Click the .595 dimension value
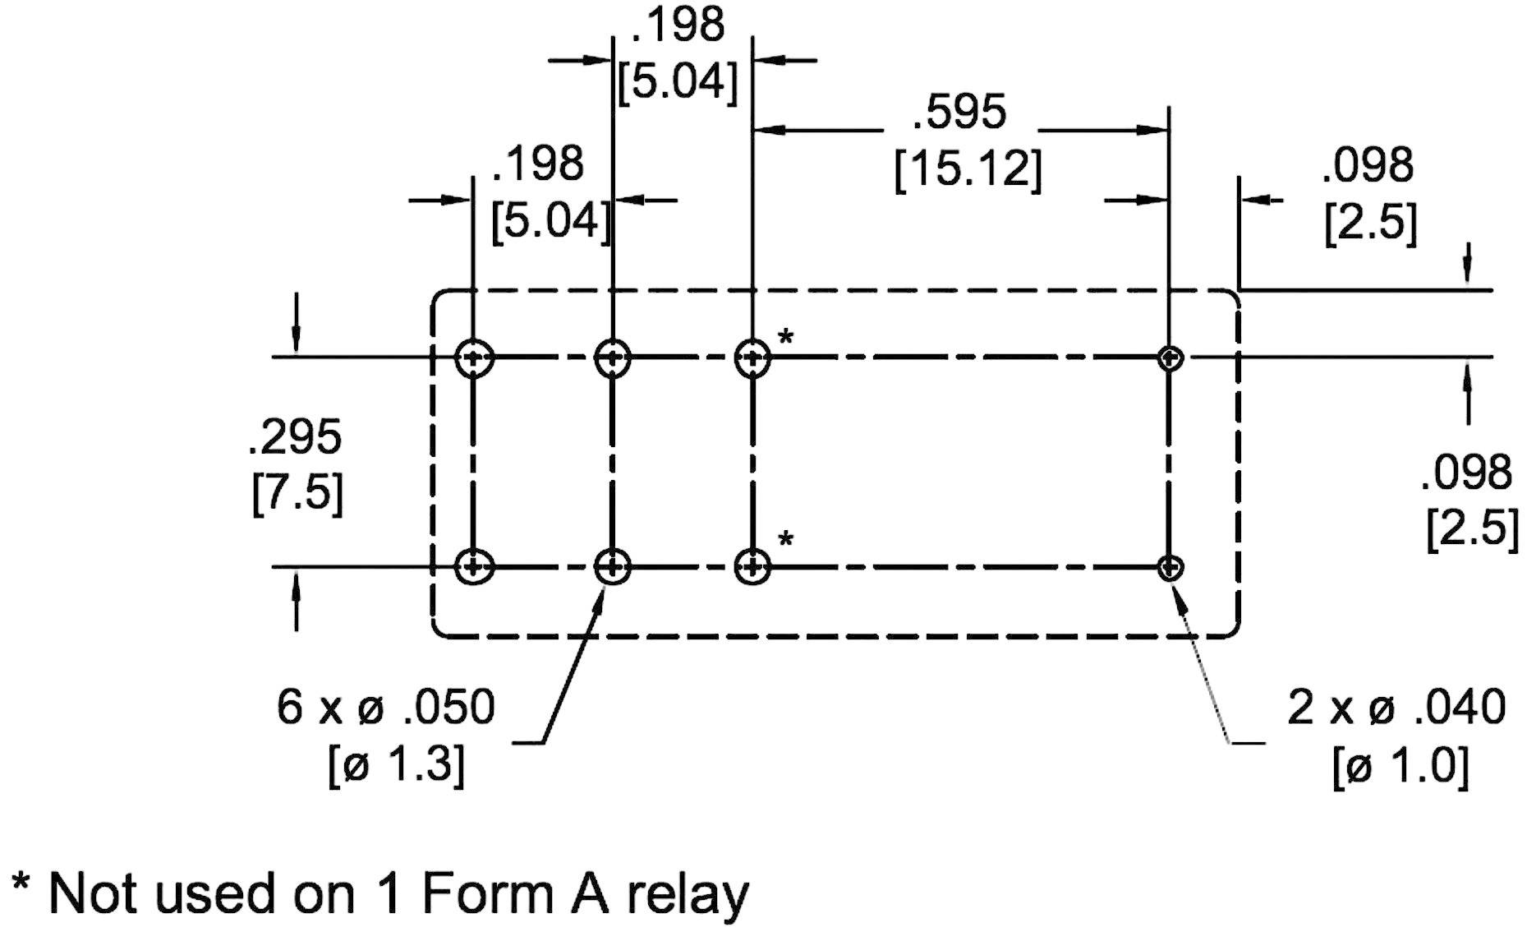click(x=959, y=113)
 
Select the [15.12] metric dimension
click(x=968, y=170)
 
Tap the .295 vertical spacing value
click(x=294, y=437)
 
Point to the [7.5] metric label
click(x=297, y=494)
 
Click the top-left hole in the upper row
click(x=474, y=358)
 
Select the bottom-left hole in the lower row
click(x=474, y=566)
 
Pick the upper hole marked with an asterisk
click(x=752, y=358)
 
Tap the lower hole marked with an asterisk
click(x=752, y=566)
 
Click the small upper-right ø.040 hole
click(x=1170, y=358)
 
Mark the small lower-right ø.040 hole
click(x=1170, y=567)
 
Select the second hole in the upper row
click(x=612, y=358)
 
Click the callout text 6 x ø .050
click(x=386, y=708)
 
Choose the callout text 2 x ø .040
click(x=1396, y=708)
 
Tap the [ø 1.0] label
click(x=1401, y=768)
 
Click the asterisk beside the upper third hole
click(x=786, y=337)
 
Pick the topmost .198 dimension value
click(x=678, y=25)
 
